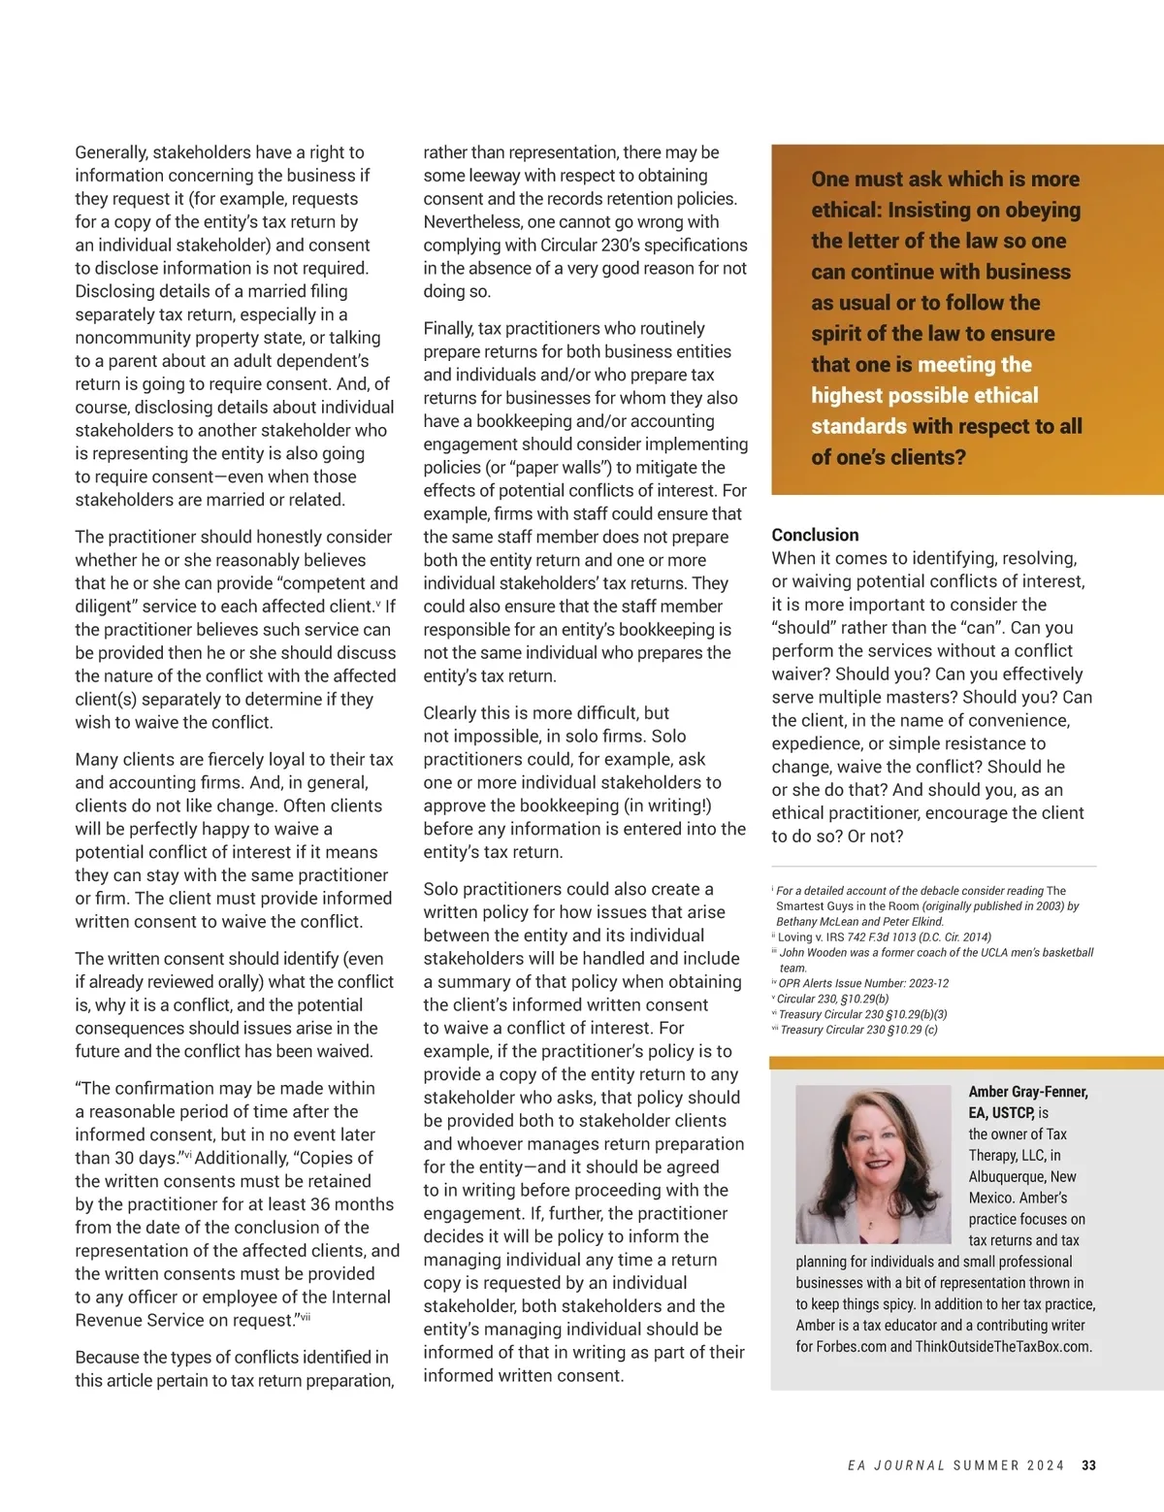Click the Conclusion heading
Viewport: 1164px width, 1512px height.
815,535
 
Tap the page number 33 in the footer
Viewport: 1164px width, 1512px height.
1088,1465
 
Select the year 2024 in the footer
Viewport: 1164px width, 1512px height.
1046,1465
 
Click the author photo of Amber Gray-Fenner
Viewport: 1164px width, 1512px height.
872,1164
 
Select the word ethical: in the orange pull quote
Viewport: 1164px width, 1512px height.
845,210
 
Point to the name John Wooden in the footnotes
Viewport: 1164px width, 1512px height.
813,952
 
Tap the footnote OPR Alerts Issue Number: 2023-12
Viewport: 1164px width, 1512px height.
863,983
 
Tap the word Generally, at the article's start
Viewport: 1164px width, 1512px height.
112,152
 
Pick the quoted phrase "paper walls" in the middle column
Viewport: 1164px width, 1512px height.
521,467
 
